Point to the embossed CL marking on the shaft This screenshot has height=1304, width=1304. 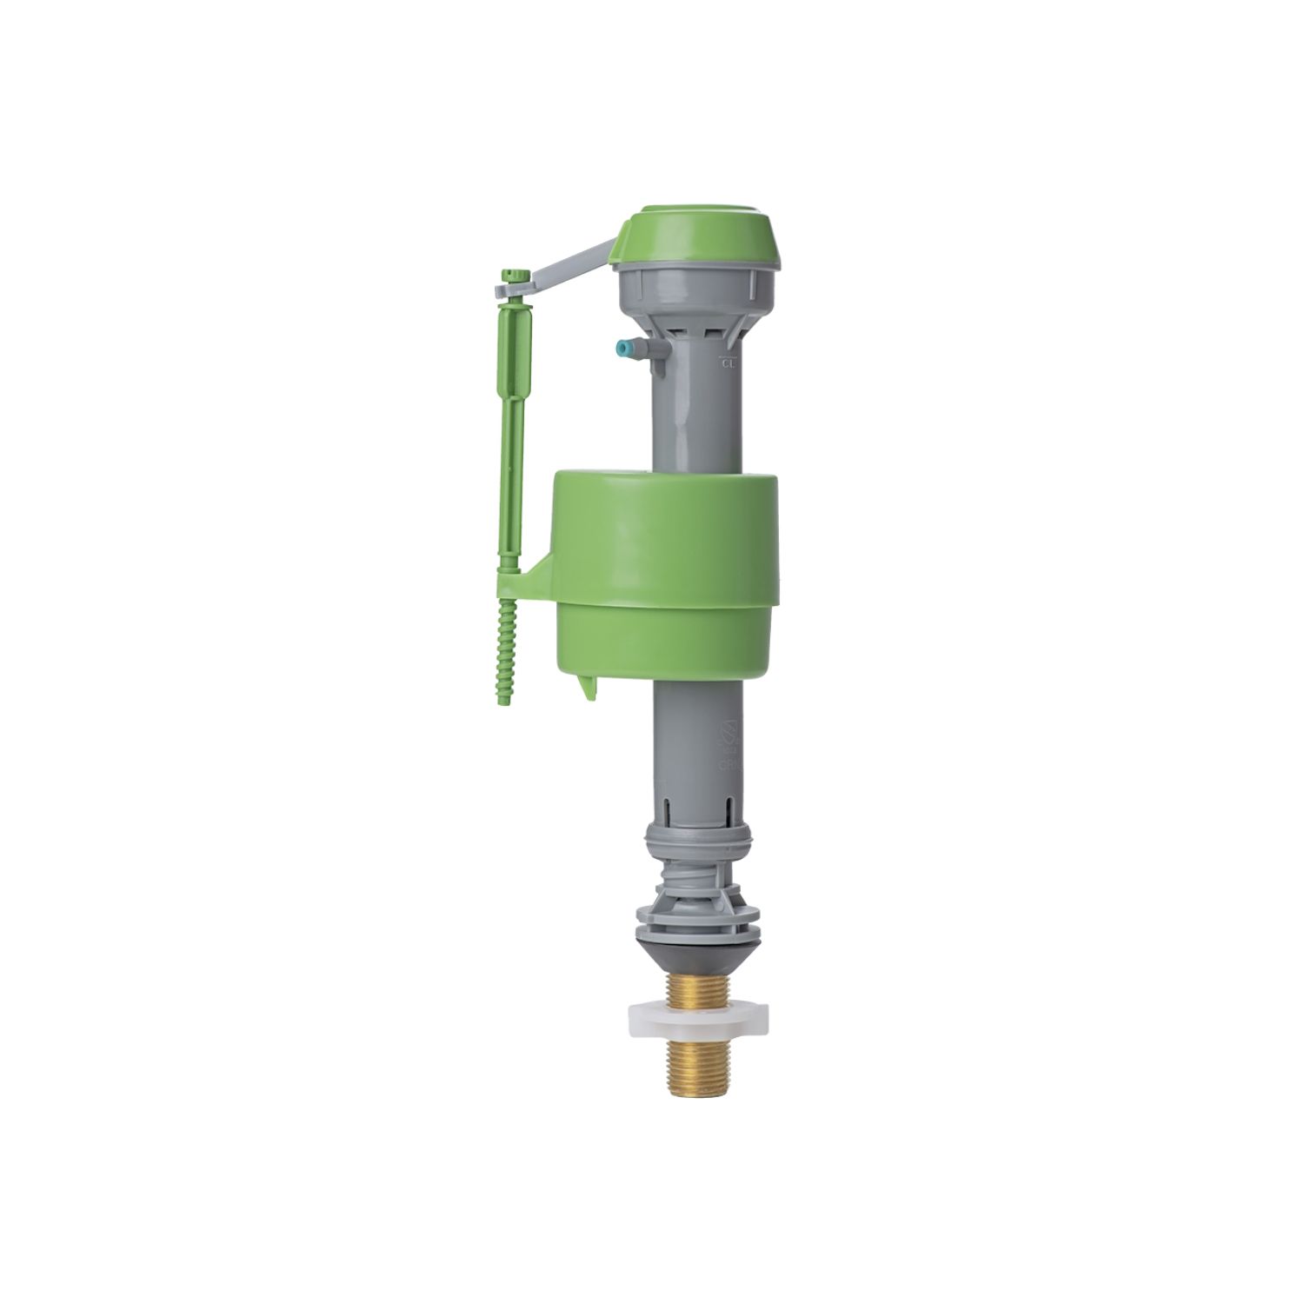[x=728, y=363]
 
